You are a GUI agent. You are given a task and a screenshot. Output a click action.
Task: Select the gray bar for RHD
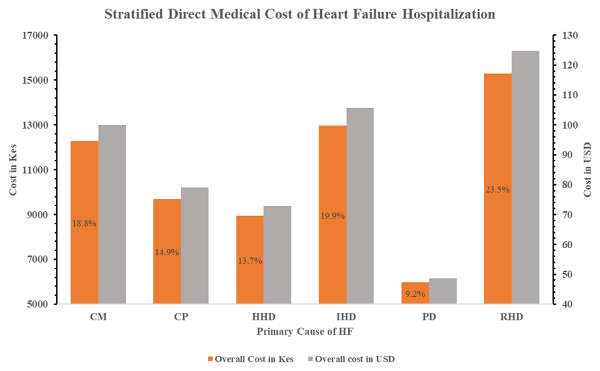525,177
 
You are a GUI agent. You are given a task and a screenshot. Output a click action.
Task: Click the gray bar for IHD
360,206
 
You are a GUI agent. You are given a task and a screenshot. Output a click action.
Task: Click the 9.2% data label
415,294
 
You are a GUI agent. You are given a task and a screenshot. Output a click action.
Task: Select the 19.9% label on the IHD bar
332,216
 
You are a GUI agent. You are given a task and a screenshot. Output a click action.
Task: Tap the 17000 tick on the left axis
36,36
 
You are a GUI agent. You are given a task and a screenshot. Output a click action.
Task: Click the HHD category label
263,317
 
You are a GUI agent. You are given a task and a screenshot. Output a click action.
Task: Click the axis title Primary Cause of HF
305,331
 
